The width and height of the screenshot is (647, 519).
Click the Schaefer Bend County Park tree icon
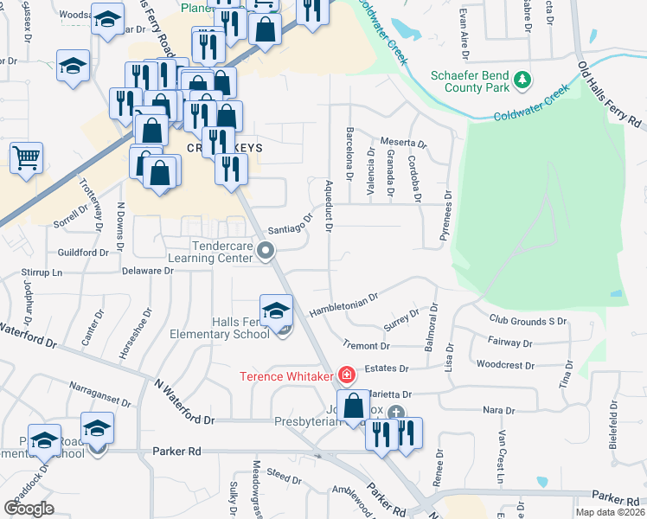tap(522, 80)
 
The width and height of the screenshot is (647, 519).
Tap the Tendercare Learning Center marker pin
tap(266, 252)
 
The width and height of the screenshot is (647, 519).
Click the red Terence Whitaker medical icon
tap(347, 375)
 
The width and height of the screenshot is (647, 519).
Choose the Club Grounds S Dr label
tap(528, 321)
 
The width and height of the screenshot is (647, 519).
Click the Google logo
tap(29, 508)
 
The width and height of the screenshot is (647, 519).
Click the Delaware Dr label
tap(147, 271)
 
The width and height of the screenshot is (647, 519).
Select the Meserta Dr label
tap(404, 144)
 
